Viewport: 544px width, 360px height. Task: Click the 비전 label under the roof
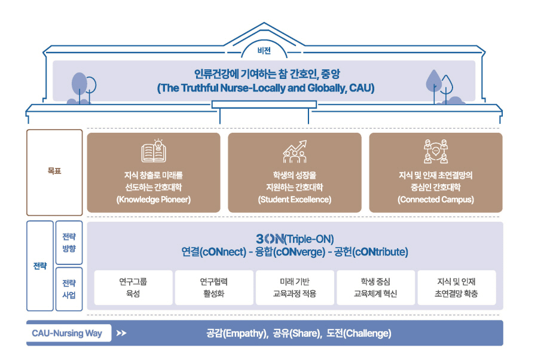264,51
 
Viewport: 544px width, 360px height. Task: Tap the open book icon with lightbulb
154,151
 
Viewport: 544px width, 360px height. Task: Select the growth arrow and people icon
295,151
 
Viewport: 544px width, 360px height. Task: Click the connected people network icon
436,151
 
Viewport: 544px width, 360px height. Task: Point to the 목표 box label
54,171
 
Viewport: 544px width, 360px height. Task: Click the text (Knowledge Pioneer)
154,200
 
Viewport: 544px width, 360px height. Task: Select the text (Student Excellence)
295,200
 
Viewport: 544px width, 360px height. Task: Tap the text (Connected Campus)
436,200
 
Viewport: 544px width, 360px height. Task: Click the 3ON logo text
270,239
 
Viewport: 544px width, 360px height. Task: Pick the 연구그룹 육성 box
133,288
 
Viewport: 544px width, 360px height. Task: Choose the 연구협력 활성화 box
214,288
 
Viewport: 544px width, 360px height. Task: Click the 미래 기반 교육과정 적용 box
295,288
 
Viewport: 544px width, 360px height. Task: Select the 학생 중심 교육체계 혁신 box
376,288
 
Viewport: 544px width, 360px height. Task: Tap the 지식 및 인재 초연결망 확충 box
457,288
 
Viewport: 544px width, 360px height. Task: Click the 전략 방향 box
69,243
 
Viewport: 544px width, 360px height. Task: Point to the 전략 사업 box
69,289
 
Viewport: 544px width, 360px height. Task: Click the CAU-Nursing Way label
67,333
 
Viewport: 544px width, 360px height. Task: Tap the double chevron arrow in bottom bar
121,333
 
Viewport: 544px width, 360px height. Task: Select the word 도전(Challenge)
359,333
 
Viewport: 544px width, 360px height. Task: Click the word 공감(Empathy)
237,333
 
